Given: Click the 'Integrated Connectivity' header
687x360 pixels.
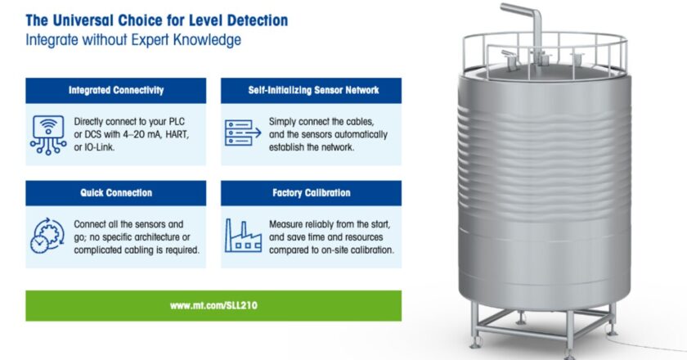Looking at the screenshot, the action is [x=116, y=90].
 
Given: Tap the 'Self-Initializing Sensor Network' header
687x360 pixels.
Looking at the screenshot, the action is [x=313, y=90].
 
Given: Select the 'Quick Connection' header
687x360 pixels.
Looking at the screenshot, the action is [x=116, y=193].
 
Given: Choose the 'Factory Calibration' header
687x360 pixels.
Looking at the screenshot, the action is [x=312, y=193].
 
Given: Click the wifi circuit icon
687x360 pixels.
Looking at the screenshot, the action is [x=48, y=135].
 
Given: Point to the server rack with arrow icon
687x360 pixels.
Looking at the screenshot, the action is [x=243, y=133].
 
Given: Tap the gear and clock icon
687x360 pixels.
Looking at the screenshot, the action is [x=47, y=236].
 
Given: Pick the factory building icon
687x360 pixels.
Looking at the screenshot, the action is [x=243, y=236].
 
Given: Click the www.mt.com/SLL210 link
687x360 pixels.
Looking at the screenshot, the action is [x=213, y=306].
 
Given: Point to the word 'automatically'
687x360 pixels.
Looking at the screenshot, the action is [x=358, y=135].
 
